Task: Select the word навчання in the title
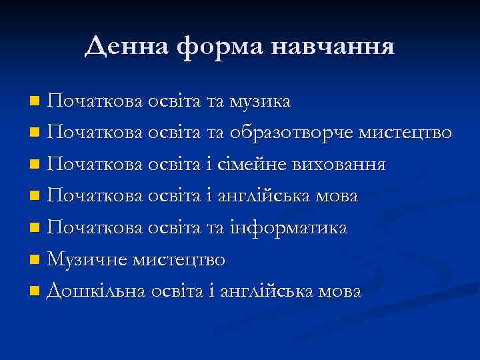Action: point(337,47)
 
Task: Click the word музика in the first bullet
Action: point(260,101)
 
